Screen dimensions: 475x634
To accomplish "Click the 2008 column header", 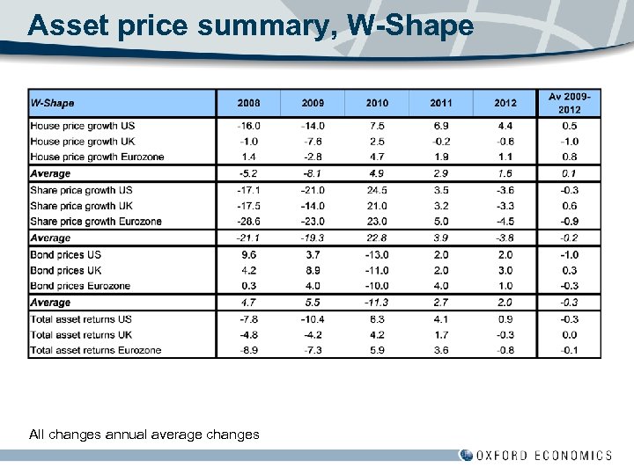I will [248, 103].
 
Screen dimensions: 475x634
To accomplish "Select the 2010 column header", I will [377, 103].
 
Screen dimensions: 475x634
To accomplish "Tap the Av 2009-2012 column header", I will [569, 103].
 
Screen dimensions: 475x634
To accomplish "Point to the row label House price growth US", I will [82, 126].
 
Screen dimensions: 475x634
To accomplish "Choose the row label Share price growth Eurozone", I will [96, 222].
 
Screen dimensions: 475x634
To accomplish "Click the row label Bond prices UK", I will [66, 270].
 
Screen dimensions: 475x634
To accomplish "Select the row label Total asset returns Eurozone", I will [95, 350].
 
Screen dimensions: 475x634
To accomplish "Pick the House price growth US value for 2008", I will [248, 126].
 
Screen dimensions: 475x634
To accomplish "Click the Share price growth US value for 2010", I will [377, 190].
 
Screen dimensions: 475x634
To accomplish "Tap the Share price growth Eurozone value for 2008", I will [248, 222].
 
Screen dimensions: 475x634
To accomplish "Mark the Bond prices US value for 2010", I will [377, 254].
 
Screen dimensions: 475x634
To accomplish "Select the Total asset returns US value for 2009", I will [313, 318].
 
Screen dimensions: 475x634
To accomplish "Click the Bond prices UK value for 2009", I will [313, 270].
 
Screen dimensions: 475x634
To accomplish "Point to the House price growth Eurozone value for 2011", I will [441, 157].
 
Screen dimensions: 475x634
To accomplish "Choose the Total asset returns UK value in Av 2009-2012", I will [569, 334].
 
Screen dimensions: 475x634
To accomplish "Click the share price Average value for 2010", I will [377, 237].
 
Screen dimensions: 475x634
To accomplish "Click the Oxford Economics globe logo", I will [466, 455].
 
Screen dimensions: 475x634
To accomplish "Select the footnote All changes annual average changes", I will [144, 434].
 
